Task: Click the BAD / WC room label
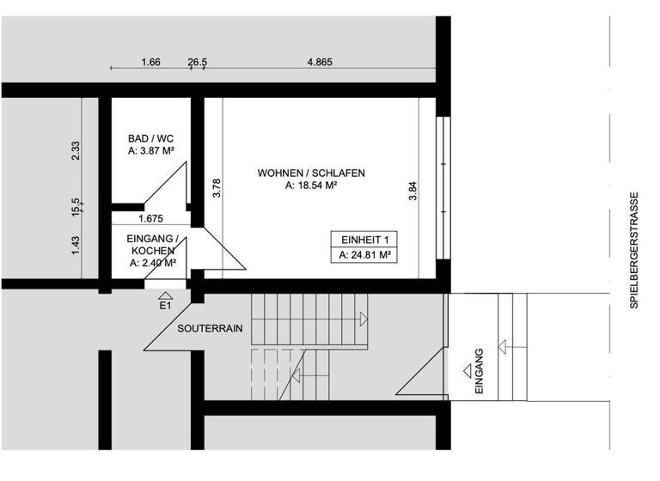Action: pos(150,138)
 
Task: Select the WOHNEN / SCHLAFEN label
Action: pos(311,173)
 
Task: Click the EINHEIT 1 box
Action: pos(364,240)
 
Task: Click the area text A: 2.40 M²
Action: pos(152,264)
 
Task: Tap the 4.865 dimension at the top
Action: pos(320,62)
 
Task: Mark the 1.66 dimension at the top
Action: pos(150,62)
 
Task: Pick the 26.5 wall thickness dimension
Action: pos(198,62)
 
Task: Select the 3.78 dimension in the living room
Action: pos(217,187)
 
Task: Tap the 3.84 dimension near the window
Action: pos(412,190)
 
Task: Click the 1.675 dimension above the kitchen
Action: pos(151,218)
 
